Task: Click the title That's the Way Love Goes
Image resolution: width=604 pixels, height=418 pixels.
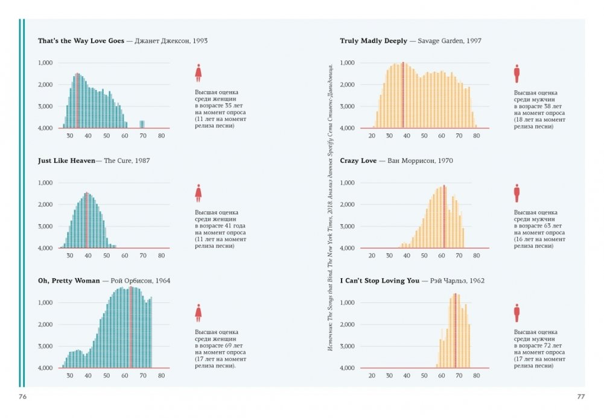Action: pyautogui.click(x=81, y=41)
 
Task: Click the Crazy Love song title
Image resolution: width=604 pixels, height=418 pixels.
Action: pyautogui.click(x=358, y=161)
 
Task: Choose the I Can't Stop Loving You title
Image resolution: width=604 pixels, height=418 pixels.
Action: pyautogui.click(x=379, y=281)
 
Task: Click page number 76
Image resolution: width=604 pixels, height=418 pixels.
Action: pyautogui.click(x=22, y=396)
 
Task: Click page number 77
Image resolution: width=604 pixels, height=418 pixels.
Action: pyautogui.click(x=581, y=396)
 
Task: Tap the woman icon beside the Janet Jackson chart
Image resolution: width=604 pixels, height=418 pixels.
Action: pyautogui.click(x=198, y=73)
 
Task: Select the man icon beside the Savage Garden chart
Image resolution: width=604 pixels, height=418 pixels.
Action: pyautogui.click(x=517, y=74)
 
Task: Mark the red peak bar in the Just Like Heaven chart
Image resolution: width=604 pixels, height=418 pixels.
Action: pyautogui.click(x=87, y=220)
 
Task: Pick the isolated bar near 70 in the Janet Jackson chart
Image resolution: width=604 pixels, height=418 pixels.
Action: pyautogui.click(x=142, y=124)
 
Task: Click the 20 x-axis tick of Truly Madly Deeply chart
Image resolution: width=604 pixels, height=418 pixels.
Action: pyautogui.click(x=372, y=136)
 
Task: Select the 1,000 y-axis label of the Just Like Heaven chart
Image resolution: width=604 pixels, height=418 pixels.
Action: pyautogui.click(x=46, y=183)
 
